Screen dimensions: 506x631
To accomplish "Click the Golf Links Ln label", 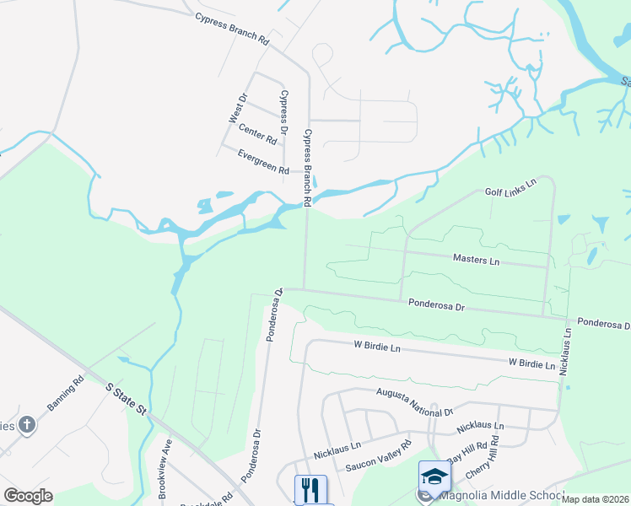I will (x=510, y=188).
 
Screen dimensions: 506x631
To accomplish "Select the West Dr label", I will (x=237, y=109).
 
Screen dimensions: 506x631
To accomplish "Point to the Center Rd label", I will (x=257, y=132).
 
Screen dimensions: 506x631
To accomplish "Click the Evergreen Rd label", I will (x=263, y=162).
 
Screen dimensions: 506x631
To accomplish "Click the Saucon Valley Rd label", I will (x=378, y=456).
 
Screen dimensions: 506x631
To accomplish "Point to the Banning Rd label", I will (x=66, y=393).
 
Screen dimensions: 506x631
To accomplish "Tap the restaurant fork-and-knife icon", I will (x=310, y=489).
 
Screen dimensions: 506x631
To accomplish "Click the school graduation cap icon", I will (x=434, y=477).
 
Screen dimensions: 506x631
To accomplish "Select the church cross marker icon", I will (x=26, y=424).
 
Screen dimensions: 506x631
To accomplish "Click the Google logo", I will (x=28, y=495).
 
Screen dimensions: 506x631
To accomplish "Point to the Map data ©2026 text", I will (x=595, y=499).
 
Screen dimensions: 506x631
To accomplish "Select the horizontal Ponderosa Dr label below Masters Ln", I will (x=436, y=304).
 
